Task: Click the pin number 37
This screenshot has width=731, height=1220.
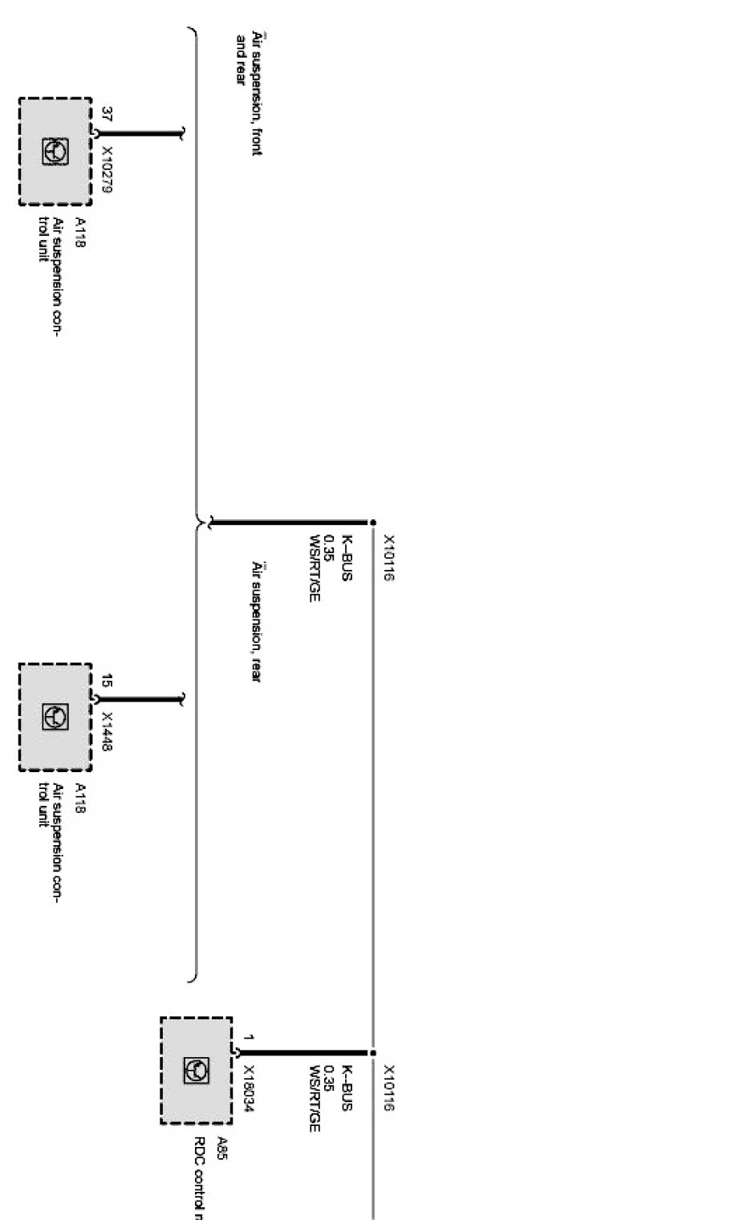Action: coord(107,114)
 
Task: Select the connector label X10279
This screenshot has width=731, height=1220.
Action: coord(107,171)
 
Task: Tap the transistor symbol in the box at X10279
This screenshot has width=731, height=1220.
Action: coord(55,152)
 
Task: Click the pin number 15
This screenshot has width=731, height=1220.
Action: coord(107,681)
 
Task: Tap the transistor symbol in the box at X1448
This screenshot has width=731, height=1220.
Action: coord(55,717)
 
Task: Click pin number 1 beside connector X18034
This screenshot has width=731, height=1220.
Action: coord(249,1038)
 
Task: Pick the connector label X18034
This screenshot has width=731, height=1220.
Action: coord(249,1089)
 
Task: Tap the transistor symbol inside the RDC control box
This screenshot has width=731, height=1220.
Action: coord(197,1070)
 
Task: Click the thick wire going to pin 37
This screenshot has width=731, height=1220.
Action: coord(140,133)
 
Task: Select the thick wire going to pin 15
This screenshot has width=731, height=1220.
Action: coord(140,699)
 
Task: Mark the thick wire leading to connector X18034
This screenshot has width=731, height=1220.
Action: coord(305,1052)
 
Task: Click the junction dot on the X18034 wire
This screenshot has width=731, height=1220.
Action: coord(372,1052)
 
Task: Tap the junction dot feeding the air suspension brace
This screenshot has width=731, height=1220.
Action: coord(372,523)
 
